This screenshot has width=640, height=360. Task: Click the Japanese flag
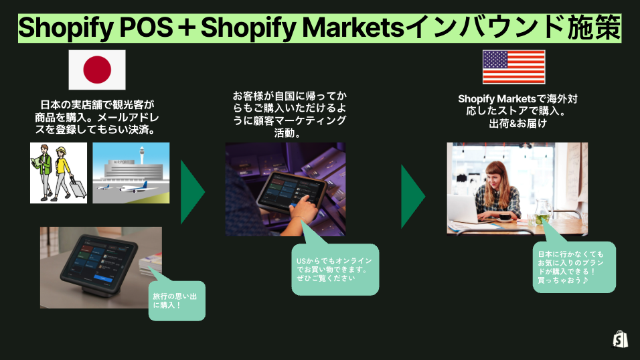(97, 70)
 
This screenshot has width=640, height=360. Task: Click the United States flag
(514, 67)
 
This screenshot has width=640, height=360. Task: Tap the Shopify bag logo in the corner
(620, 339)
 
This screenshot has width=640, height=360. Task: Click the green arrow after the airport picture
(193, 192)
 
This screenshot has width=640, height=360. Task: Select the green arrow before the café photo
(413, 196)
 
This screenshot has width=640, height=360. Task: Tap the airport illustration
(131, 173)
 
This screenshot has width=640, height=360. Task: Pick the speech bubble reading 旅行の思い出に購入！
(177, 300)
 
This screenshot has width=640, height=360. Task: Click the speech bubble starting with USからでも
(335, 269)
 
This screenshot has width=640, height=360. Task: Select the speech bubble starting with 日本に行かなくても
(574, 267)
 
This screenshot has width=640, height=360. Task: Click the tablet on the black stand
(99, 262)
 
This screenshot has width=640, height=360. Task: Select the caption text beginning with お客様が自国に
(289, 114)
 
